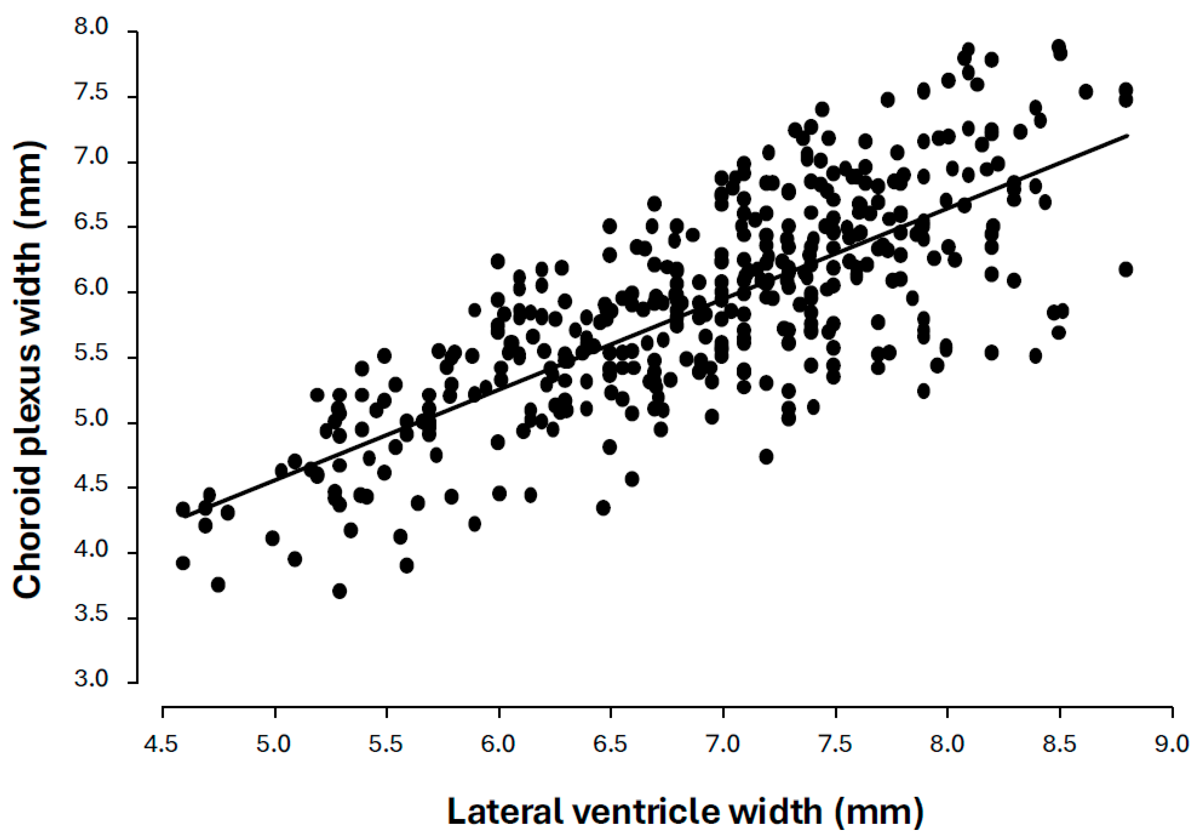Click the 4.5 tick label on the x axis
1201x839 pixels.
point(161,744)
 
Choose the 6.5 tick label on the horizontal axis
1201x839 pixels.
point(610,744)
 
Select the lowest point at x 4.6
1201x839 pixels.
point(183,563)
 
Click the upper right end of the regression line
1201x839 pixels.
point(1128,135)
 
